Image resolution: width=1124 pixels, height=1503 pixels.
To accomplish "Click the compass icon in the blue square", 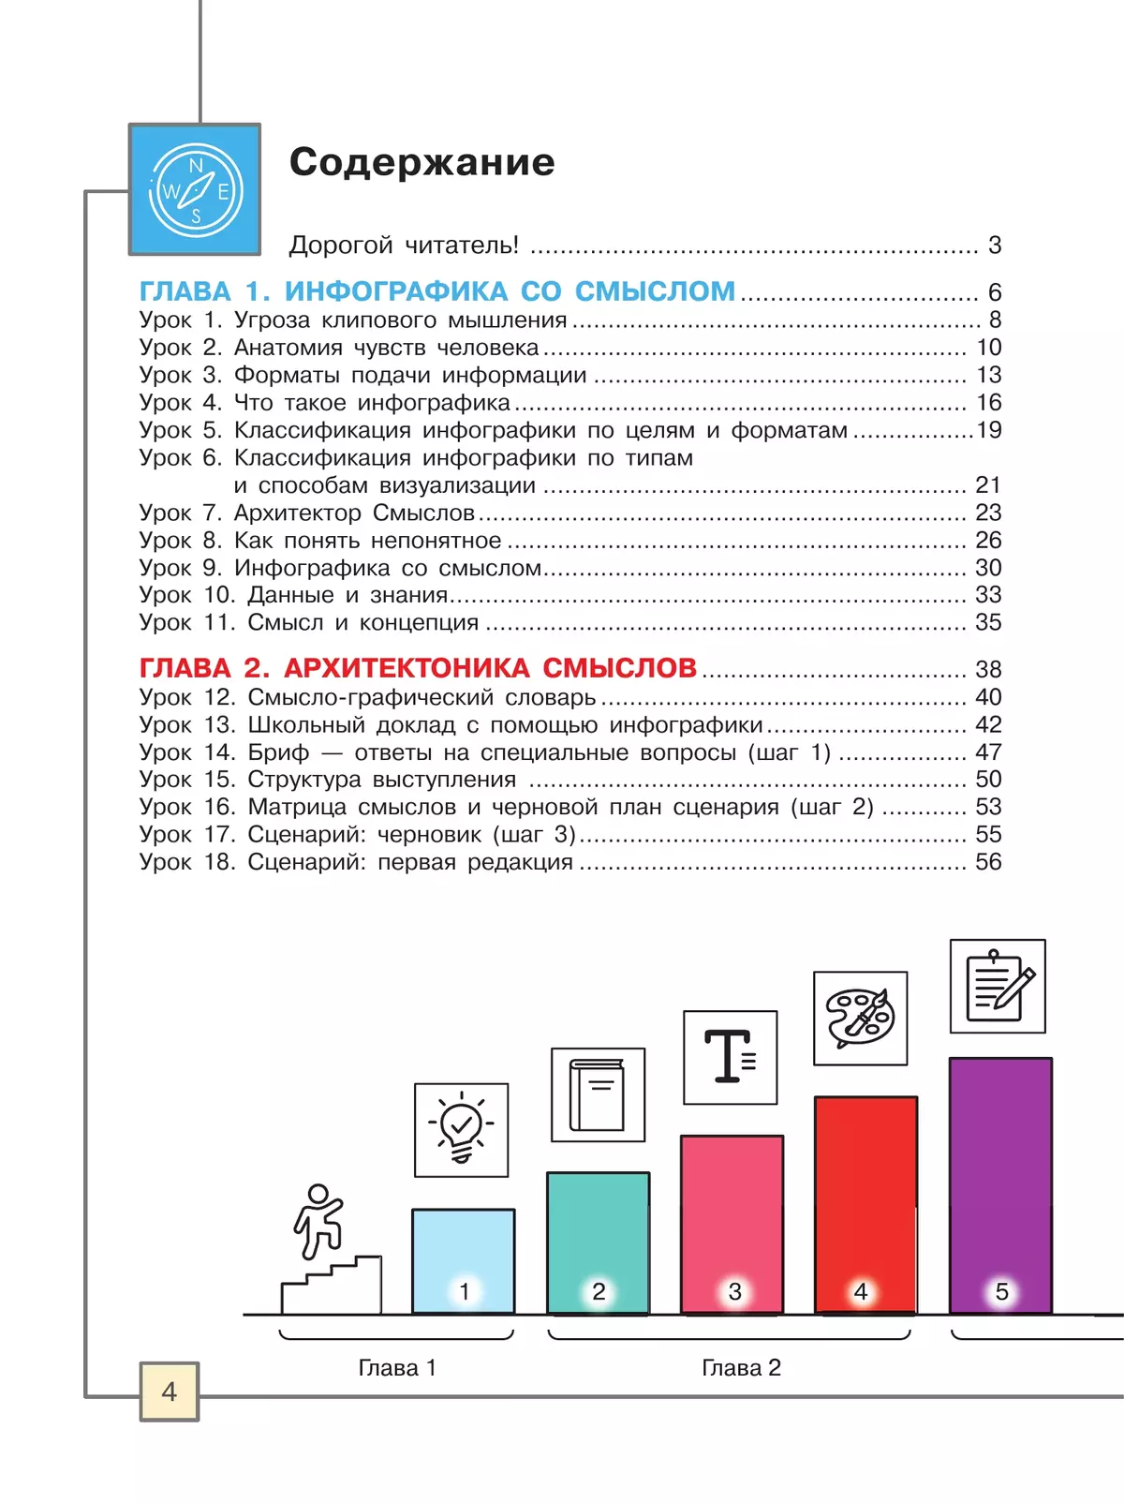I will click(196, 190).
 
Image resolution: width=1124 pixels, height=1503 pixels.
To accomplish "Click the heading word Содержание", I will click(421, 162).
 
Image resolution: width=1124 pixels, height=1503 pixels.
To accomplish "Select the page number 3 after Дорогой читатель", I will click(995, 246).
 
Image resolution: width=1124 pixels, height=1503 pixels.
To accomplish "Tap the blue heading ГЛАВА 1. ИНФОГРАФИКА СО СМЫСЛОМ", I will click(436, 291).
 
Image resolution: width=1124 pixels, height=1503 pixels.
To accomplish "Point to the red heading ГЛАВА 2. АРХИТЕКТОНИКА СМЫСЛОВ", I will click(418, 668).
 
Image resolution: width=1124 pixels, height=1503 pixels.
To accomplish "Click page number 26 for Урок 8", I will click(988, 541).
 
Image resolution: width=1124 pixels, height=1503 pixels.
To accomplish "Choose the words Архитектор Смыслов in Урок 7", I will click(354, 513).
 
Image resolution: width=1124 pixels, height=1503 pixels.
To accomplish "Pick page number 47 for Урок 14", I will click(988, 752).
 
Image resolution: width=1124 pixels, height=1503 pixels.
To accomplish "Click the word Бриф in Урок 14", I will click(278, 752).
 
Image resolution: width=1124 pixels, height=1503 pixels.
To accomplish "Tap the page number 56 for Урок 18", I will click(988, 862).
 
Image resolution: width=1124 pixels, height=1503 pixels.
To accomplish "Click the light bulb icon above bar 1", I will click(461, 1130).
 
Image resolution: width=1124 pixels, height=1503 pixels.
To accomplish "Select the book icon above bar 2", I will click(598, 1094).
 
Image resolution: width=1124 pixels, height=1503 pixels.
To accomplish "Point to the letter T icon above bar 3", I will click(730, 1057).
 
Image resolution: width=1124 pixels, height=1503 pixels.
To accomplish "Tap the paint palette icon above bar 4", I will click(860, 1018).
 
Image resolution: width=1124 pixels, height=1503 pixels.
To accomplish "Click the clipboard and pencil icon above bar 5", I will click(998, 986).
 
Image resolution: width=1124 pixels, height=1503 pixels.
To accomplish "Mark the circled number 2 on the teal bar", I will click(599, 1291).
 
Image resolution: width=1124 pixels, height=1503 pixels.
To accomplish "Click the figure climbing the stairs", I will click(318, 1220).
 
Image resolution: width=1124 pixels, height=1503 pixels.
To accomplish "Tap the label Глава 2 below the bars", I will click(741, 1368).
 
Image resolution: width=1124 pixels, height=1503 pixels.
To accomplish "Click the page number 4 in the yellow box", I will click(170, 1391).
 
